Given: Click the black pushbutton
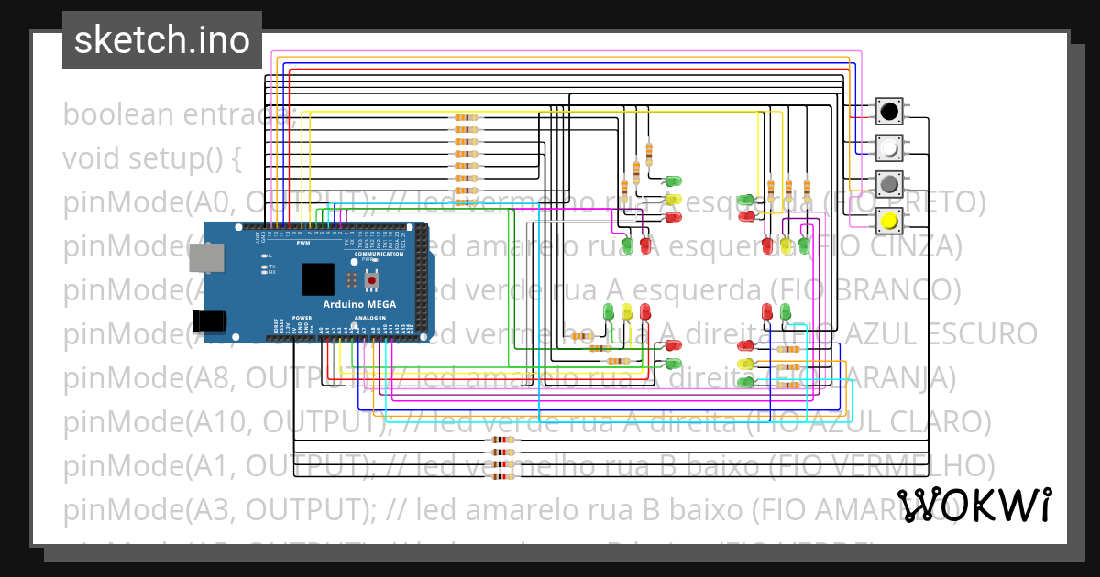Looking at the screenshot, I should tap(888, 112).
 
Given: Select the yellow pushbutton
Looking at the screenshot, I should tap(888, 220).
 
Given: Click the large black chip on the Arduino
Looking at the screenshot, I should tap(318, 278).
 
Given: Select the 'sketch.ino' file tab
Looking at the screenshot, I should tap(161, 40).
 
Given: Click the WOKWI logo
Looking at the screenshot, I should tap(975, 505).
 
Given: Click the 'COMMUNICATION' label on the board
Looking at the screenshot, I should tap(379, 254).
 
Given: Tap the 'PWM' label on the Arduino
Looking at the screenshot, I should tap(302, 244).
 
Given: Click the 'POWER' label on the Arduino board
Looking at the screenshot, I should tap(302, 318).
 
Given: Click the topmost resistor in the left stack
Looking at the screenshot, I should tap(467, 118).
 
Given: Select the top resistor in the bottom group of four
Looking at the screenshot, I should tap(503, 441).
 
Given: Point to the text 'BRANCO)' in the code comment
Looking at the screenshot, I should tap(907, 290).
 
